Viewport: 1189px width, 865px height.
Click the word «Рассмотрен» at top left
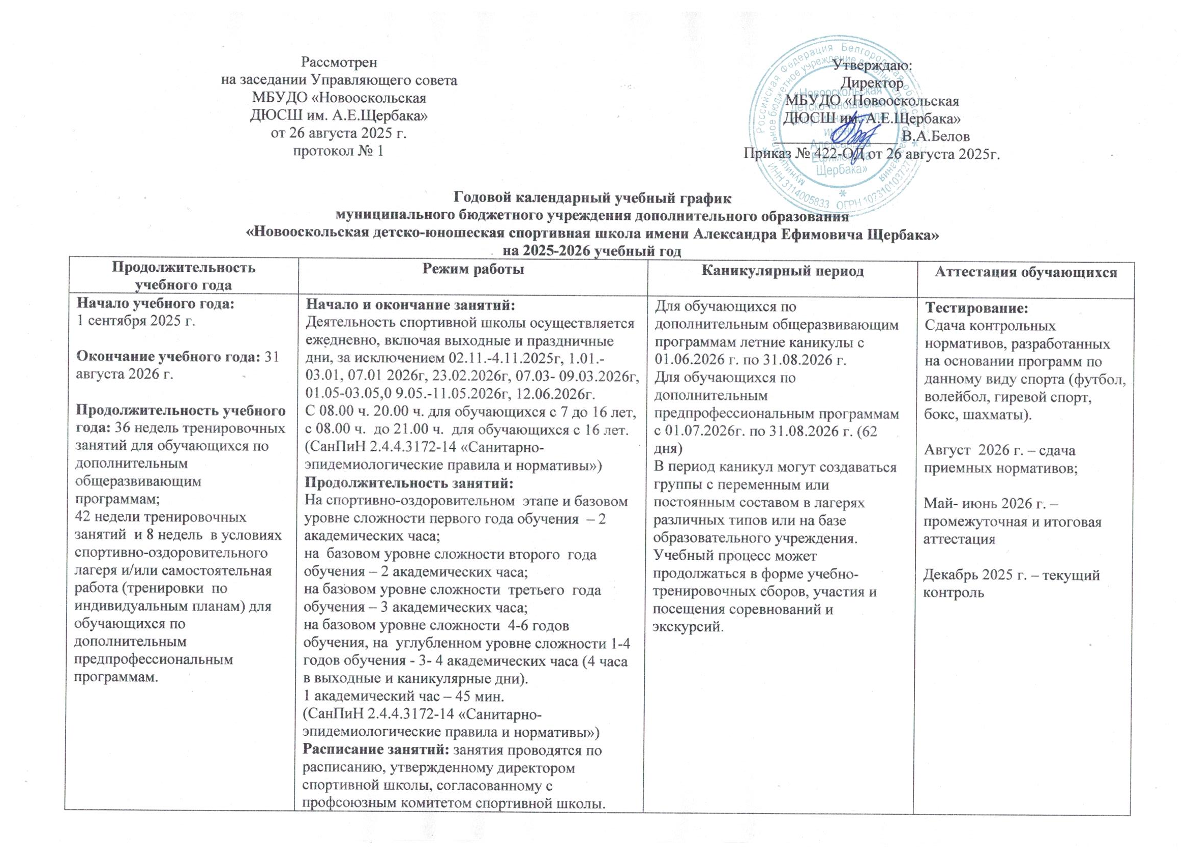coord(339,63)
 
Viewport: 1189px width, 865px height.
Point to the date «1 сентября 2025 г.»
coord(136,321)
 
